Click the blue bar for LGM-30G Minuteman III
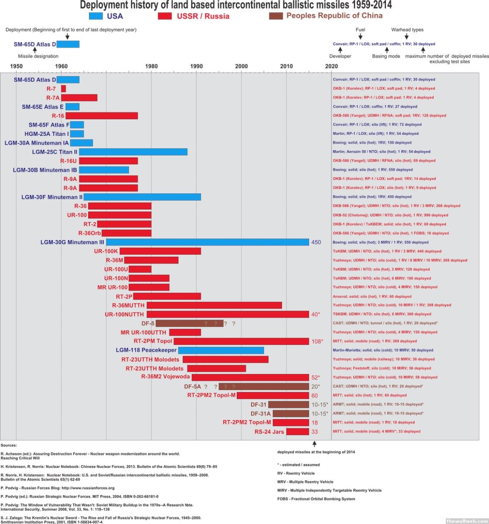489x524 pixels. (x=208, y=242)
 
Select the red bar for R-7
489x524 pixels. (x=64, y=89)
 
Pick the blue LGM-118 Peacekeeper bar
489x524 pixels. (x=221, y=350)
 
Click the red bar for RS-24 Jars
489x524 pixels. (x=298, y=431)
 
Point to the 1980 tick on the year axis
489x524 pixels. (x=151, y=66)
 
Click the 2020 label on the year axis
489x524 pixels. (x=332, y=66)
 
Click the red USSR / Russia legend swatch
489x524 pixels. (x=164, y=16)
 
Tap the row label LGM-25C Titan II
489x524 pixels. (x=55, y=152)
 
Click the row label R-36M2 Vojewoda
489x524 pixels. (x=165, y=377)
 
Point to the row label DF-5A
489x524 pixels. (x=192, y=386)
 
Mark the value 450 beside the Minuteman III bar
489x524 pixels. (x=316, y=242)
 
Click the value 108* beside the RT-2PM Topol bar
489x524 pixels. (x=317, y=341)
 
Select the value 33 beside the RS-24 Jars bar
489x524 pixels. (x=315, y=432)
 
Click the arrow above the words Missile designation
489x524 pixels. (x=34, y=50)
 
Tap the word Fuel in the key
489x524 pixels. (x=360, y=30)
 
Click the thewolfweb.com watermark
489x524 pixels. (x=467, y=521)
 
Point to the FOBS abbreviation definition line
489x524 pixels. (x=316, y=499)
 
